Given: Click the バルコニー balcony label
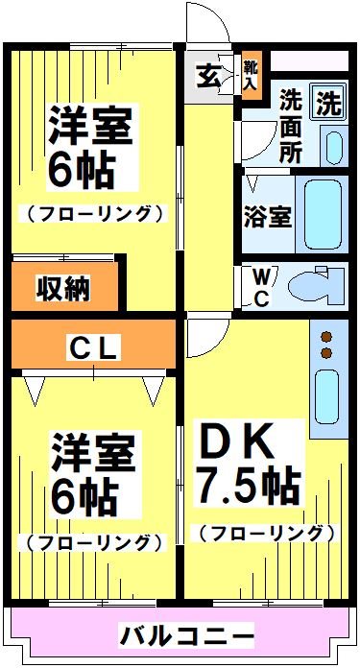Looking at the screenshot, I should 187,634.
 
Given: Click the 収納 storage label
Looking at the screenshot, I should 63,287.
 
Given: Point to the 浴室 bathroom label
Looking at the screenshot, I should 268,216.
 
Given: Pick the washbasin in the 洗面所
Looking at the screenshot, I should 332,146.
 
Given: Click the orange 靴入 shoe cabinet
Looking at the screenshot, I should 250,75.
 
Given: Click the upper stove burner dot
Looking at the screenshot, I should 326,337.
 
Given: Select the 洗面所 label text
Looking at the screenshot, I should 291,125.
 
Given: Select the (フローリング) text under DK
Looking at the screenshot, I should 266,532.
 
